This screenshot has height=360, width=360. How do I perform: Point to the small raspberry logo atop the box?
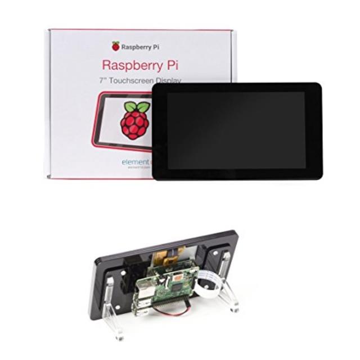(116, 46)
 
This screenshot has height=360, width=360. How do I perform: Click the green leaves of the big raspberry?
(136, 107)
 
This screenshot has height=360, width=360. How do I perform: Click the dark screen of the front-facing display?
(236, 130)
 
